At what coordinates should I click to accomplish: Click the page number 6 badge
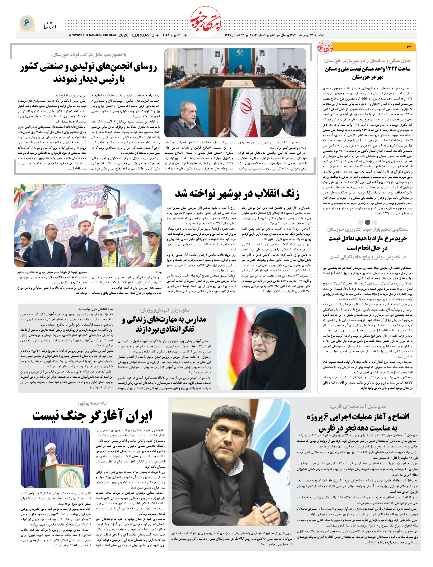point(27,23)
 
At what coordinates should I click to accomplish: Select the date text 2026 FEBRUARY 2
point(136,35)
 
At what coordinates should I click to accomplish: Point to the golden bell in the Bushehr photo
point(106,211)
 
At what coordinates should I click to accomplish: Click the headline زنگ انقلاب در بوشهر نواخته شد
point(237,194)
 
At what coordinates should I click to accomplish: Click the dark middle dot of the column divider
point(368,222)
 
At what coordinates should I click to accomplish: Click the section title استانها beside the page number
point(50,26)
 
